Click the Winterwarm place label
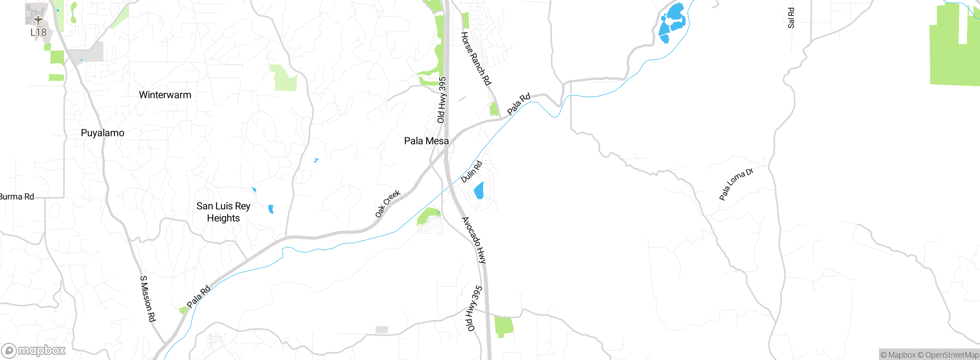(x=165, y=95)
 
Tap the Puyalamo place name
(x=103, y=133)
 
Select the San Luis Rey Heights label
(x=223, y=212)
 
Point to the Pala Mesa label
(x=426, y=141)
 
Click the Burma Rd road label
(x=17, y=197)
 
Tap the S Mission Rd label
(x=148, y=299)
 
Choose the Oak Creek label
(x=387, y=204)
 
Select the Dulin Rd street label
(x=472, y=172)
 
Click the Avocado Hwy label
(x=474, y=240)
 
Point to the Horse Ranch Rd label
(x=476, y=59)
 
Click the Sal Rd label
(x=791, y=18)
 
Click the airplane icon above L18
(x=38, y=19)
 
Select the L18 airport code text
(x=38, y=33)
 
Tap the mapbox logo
(x=34, y=350)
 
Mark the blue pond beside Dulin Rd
(x=479, y=191)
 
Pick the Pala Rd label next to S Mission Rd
(x=198, y=296)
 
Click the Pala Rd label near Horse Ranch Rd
(x=519, y=103)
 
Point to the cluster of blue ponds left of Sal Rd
(x=672, y=22)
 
